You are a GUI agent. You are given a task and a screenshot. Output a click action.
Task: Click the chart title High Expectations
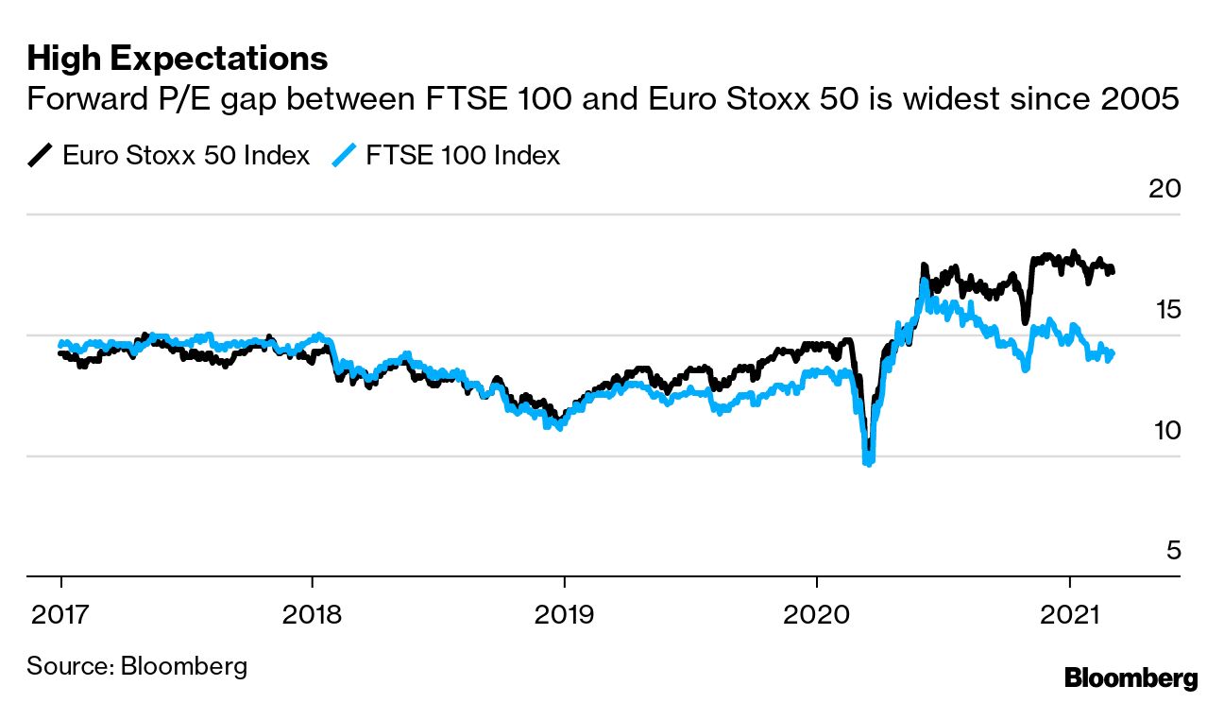tap(178, 59)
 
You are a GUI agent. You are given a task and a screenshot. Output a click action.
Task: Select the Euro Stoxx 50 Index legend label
tap(186, 155)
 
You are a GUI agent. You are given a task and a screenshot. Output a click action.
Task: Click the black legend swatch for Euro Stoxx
tap(40, 155)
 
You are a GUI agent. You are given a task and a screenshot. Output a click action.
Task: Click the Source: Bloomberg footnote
tap(137, 665)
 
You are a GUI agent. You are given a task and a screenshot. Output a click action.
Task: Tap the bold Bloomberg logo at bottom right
tap(1130, 677)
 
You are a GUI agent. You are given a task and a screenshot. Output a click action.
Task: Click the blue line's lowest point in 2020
tap(868, 462)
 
